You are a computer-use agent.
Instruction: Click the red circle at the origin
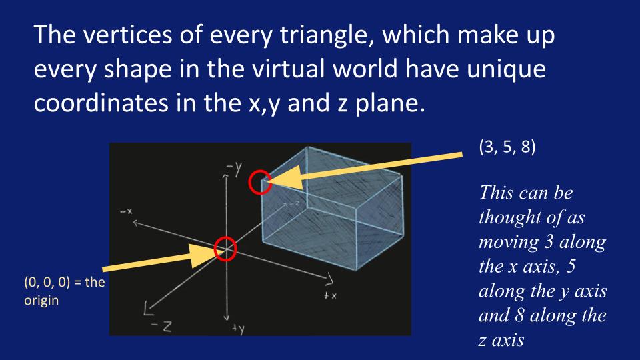[215, 249]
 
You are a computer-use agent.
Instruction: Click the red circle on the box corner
[250, 182]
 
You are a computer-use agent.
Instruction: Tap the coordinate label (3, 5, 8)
[507, 147]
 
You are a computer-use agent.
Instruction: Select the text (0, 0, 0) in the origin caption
[47, 282]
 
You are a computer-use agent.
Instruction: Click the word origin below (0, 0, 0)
[41, 301]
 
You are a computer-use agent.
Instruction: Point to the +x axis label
[330, 295]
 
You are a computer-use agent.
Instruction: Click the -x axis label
[126, 211]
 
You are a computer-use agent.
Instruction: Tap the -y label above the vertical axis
[234, 168]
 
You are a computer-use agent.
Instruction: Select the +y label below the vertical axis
[239, 328]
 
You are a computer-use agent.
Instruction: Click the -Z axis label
[161, 326]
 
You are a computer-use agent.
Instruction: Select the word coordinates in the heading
[101, 103]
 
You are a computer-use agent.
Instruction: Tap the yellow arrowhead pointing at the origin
[204, 255]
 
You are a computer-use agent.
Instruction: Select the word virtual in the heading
[289, 69]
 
